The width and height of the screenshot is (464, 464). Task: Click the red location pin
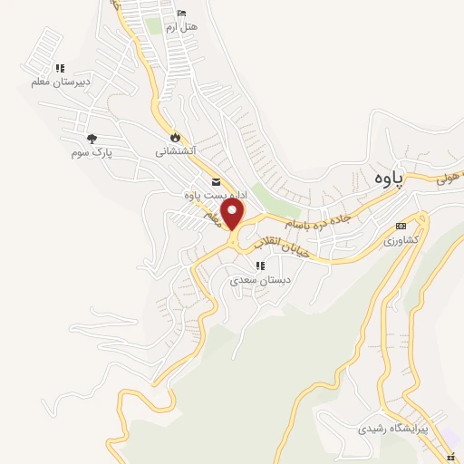pyautogui.click(x=233, y=214)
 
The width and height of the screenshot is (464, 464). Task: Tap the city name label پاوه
pyautogui.click(x=385, y=178)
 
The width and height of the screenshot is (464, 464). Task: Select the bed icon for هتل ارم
pyautogui.click(x=183, y=14)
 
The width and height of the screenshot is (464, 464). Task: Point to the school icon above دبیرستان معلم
pyautogui.click(x=60, y=68)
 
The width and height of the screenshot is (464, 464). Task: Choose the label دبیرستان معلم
pyautogui.click(x=60, y=82)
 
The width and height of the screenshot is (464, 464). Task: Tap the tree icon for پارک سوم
pyautogui.click(x=92, y=139)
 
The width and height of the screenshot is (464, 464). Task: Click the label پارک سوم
pyautogui.click(x=92, y=152)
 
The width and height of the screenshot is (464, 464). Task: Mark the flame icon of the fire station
pyautogui.click(x=174, y=137)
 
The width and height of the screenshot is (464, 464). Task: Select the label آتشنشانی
pyautogui.click(x=174, y=151)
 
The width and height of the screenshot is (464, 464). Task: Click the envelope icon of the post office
pyautogui.click(x=215, y=181)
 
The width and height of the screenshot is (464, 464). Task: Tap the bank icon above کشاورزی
pyautogui.click(x=401, y=227)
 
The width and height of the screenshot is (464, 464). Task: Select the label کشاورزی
pyautogui.click(x=401, y=240)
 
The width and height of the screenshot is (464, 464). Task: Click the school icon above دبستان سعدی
pyautogui.click(x=260, y=266)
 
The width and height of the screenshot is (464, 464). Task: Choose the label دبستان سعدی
pyautogui.click(x=260, y=280)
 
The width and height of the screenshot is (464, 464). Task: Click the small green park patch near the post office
pyautogui.click(x=263, y=193)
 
